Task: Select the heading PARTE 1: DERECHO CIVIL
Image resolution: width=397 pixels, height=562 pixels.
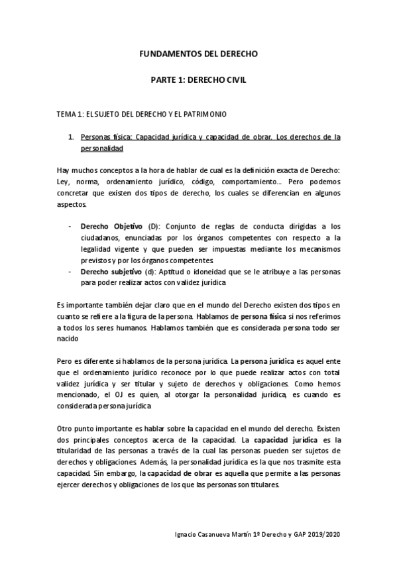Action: (198, 80)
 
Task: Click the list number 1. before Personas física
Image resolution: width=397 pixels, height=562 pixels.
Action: (71, 137)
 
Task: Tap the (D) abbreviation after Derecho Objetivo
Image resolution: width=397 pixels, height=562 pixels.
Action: (153, 225)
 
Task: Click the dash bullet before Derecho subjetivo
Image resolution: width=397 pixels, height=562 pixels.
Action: (70, 272)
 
